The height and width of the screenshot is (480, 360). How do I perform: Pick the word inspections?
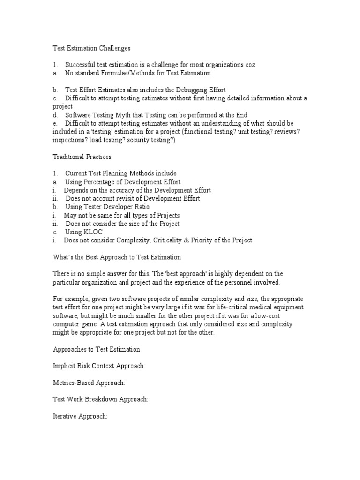click(71, 140)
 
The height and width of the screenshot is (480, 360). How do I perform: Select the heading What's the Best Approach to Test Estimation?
click(116, 257)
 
